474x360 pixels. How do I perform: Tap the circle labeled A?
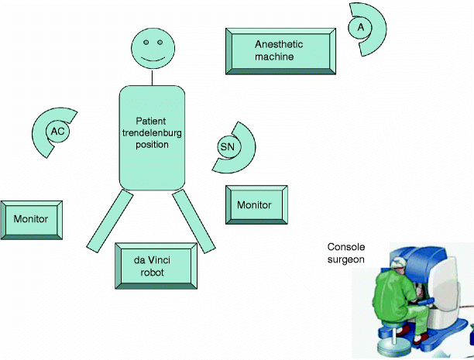(359, 27)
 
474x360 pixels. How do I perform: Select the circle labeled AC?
(57, 132)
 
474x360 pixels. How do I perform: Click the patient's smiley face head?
(152, 48)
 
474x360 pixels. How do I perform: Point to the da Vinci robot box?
(155, 265)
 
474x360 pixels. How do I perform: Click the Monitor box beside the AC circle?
(31, 219)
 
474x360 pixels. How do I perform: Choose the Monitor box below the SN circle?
(254, 205)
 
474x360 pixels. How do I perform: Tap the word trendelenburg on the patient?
(152, 132)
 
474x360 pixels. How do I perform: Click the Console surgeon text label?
(345, 253)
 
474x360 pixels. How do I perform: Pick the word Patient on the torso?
(151, 122)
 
